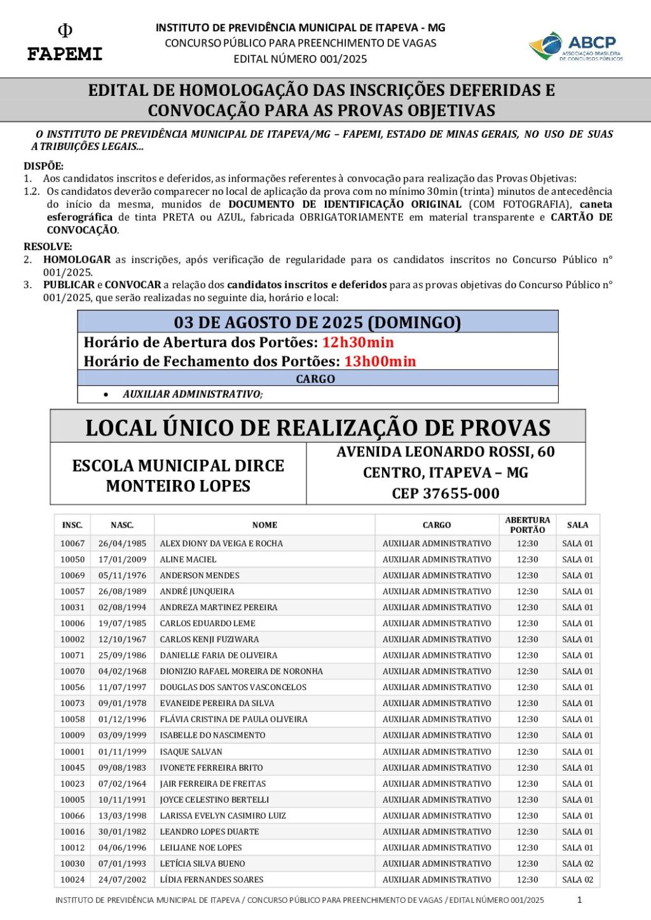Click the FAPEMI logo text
click(x=64, y=53)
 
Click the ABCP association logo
click(x=576, y=47)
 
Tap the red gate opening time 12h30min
click(x=358, y=342)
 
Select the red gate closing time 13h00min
click(x=380, y=361)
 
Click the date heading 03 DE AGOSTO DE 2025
click(x=317, y=322)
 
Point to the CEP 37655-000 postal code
click(x=445, y=493)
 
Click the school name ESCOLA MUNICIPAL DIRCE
click(x=178, y=466)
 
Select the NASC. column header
click(x=122, y=525)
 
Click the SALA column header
click(x=577, y=525)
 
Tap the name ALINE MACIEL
click(x=188, y=559)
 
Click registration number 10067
click(x=72, y=543)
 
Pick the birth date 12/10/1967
click(x=122, y=639)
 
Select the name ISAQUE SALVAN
click(x=191, y=752)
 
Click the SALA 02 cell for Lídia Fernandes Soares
click(x=577, y=879)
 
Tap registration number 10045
click(x=72, y=768)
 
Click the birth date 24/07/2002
click(x=122, y=879)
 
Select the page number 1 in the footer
click(x=579, y=900)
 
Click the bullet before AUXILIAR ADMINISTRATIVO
click(x=106, y=394)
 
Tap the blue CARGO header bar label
click(x=315, y=379)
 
